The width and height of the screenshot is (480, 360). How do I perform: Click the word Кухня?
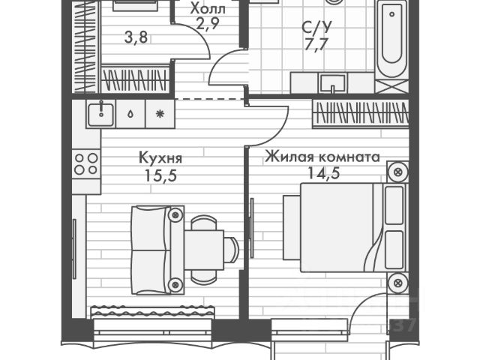pos(160,158)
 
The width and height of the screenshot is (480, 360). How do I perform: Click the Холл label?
pos(207,8)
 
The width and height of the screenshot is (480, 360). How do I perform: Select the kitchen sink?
pos(98,114)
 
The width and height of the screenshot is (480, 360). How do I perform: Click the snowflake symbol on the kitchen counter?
pos(159,114)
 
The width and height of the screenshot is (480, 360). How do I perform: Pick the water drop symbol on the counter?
pos(130,114)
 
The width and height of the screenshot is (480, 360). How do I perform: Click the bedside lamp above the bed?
pos(396,174)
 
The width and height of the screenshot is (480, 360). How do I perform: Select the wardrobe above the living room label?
pos(361,112)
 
